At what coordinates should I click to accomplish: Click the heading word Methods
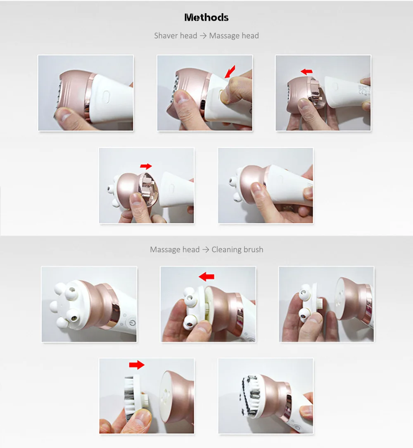[206, 17]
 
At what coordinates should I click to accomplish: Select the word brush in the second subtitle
[253, 250]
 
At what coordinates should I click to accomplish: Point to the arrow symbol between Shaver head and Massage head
[203, 36]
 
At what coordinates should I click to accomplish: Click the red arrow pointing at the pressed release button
[230, 71]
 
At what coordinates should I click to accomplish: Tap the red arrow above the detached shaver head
[306, 72]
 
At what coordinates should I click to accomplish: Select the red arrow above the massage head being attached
[146, 166]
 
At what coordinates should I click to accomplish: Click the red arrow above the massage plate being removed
[206, 276]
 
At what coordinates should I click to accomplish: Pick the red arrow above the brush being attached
[136, 365]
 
